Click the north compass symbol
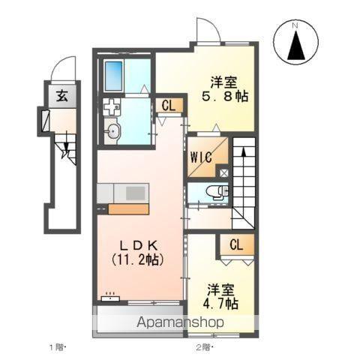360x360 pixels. (295, 42)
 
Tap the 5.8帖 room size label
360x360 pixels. (226, 97)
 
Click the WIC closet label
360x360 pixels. (200, 157)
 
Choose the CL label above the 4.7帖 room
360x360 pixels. (235, 244)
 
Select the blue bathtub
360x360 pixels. (114, 76)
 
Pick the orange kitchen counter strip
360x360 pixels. (127, 208)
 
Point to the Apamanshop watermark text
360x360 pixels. (180, 322)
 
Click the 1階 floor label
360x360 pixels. (57, 347)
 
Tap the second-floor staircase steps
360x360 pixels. (244, 180)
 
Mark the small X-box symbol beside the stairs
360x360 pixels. (224, 172)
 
